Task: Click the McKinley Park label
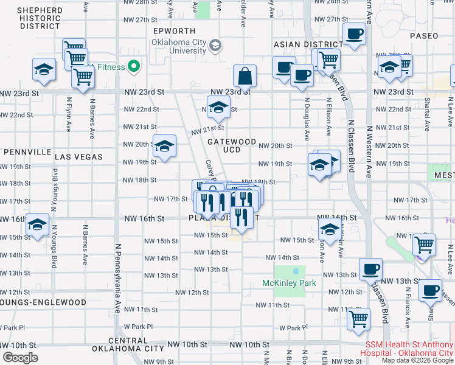pos(290,283)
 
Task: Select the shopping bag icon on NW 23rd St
pos(245,77)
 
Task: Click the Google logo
pos(20,357)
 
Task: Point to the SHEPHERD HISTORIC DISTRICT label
pos(40,18)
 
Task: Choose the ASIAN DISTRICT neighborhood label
pos(308,44)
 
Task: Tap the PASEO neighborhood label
pos(423,36)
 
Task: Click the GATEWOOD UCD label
pos(232,145)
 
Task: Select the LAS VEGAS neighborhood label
pos(79,156)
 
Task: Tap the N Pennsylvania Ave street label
pos(116,286)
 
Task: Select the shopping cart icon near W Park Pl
pos(359,318)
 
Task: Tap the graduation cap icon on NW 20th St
pos(164,146)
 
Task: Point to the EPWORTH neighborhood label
pos(175,31)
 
